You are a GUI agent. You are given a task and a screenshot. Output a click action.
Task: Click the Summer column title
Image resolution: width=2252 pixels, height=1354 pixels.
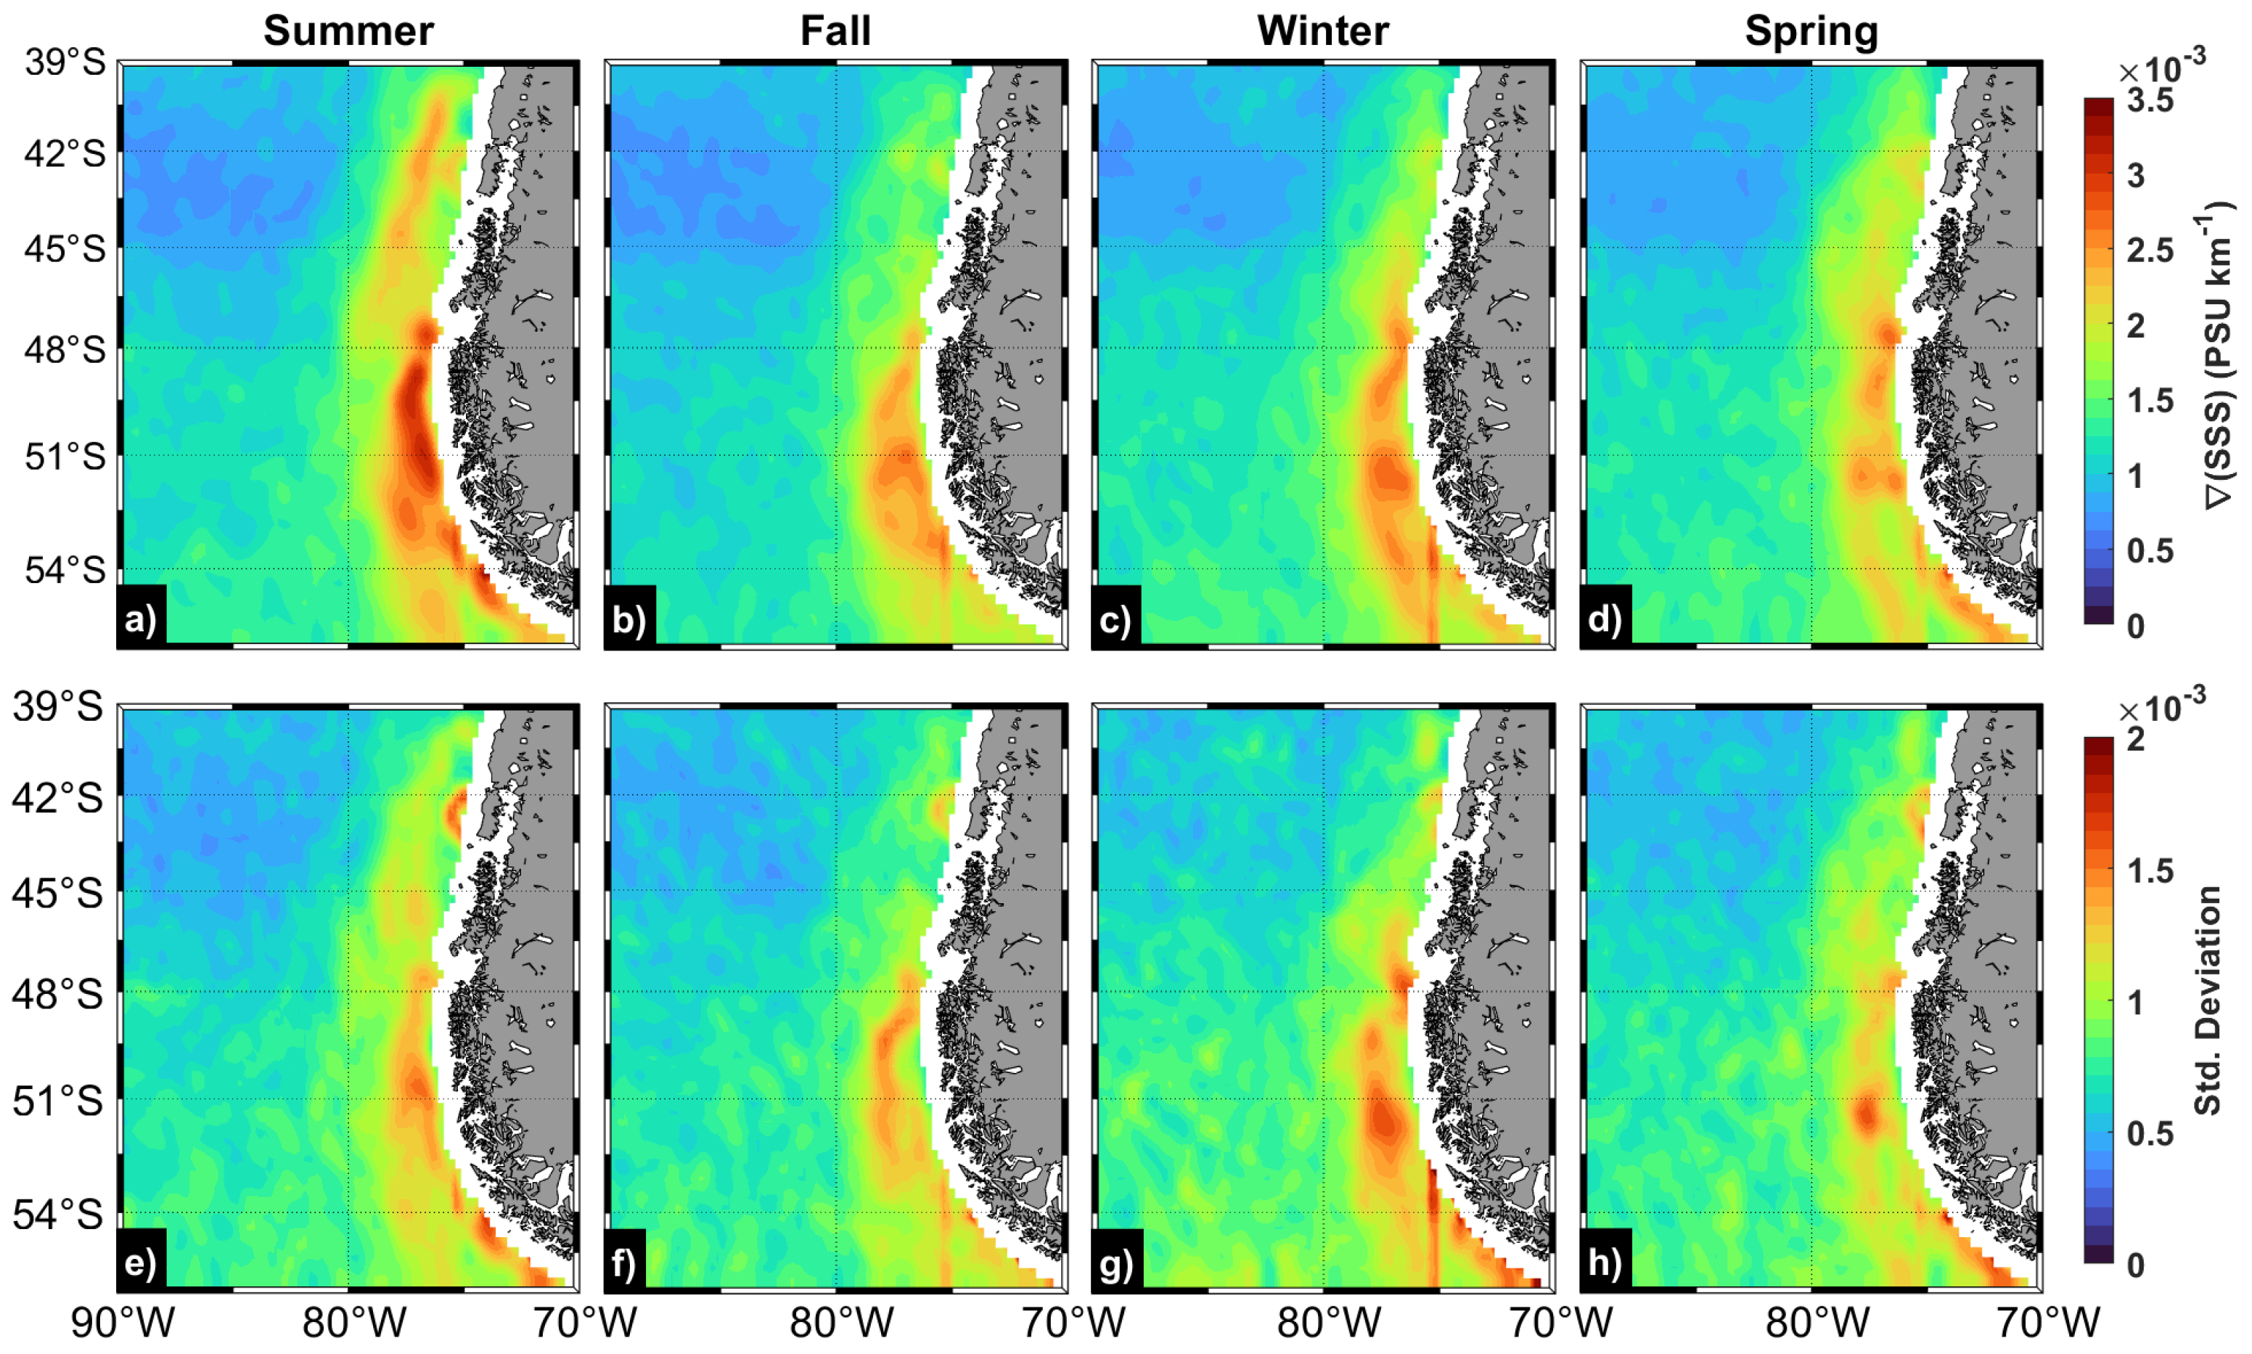tap(348, 31)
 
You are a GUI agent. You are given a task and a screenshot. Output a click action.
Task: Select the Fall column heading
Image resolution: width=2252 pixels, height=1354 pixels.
tap(835, 31)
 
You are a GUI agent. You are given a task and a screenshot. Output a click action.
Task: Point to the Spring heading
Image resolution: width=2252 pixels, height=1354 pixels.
tap(1811, 31)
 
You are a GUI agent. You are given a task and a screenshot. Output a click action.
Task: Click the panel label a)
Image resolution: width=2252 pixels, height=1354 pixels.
tap(142, 619)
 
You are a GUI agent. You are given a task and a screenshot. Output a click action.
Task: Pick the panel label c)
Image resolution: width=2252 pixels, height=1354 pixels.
tap(1115, 619)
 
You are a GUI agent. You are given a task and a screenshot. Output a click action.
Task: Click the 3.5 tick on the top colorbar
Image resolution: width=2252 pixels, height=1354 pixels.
tap(2150, 100)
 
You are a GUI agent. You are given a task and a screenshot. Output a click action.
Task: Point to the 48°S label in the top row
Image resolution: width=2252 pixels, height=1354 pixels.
tap(65, 349)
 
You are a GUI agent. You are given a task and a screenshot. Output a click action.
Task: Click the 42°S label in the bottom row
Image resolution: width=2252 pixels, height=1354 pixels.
tap(57, 799)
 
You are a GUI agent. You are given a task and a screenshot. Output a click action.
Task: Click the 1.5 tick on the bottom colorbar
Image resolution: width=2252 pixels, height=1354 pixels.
tap(2150, 871)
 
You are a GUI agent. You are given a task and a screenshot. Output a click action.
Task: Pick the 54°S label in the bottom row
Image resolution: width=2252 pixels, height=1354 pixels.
tap(57, 1215)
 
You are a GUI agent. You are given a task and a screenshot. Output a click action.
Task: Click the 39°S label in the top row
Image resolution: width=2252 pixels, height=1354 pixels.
tap(65, 64)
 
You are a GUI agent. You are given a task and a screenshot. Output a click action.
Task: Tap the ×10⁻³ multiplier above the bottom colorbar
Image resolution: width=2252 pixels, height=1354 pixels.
tap(2162, 707)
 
